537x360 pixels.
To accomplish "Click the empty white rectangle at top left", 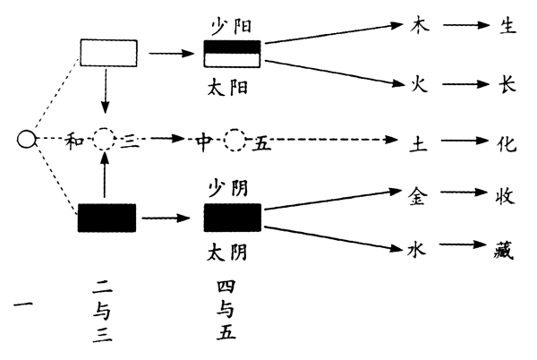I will tap(108, 53).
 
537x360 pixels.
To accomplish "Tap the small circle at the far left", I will tap(27, 139).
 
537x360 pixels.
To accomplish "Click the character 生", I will tap(506, 24).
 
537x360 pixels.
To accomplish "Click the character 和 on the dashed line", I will tap(76, 140).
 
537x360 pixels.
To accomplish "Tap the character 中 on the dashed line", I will tap(204, 140).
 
